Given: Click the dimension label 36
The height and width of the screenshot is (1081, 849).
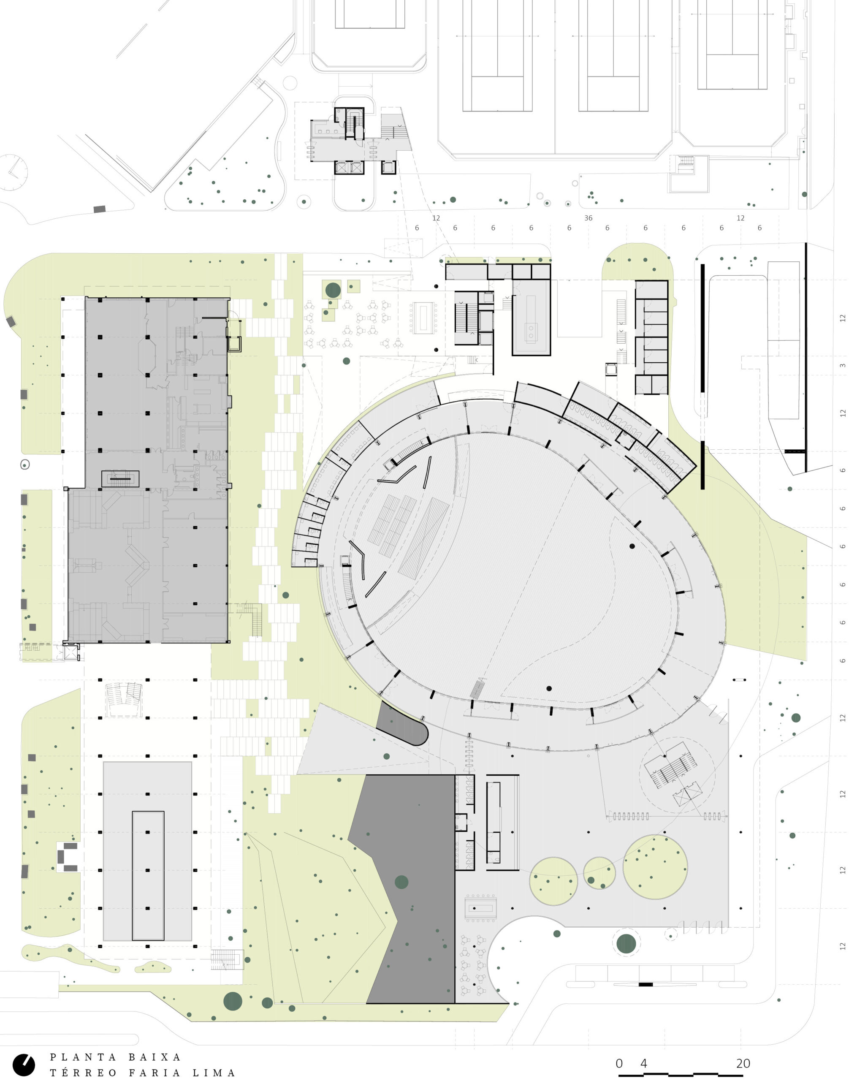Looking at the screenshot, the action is tap(588, 218).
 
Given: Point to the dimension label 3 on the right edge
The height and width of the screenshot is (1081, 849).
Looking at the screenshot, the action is tap(842, 366).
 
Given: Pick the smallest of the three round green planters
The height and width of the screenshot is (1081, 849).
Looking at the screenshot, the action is tap(599, 873).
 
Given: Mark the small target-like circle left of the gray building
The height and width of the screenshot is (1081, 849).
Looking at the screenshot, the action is tap(25, 464).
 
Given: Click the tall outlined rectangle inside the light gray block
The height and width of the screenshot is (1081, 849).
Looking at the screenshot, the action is tap(148, 876).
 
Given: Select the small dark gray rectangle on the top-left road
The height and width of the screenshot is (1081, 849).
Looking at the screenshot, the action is tap(99, 209).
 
